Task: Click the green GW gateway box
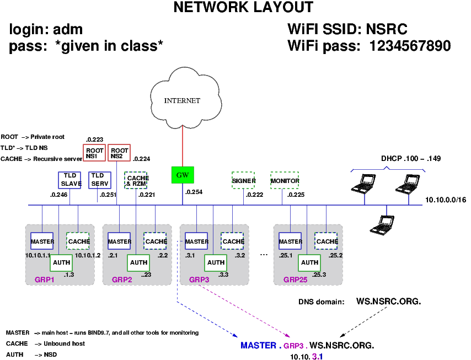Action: (x=183, y=175)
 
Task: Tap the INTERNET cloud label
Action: (x=182, y=101)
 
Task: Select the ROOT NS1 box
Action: (x=95, y=153)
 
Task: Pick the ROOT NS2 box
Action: (x=119, y=153)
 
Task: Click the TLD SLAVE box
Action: (x=70, y=180)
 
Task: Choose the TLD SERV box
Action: (x=100, y=180)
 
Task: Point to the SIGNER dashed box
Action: (x=243, y=181)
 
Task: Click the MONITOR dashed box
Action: (x=285, y=181)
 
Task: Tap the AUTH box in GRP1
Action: (x=61, y=263)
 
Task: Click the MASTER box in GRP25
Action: (x=291, y=241)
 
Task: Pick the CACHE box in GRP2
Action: (x=156, y=241)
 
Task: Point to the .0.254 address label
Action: (x=194, y=192)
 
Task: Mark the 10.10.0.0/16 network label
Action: (x=446, y=200)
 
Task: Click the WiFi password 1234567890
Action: (x=411, y=46)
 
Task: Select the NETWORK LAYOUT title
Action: (x=243, y=8)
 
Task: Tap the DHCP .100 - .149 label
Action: (x=411, y=159)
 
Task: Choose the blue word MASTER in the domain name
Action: (x=258, y=346)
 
